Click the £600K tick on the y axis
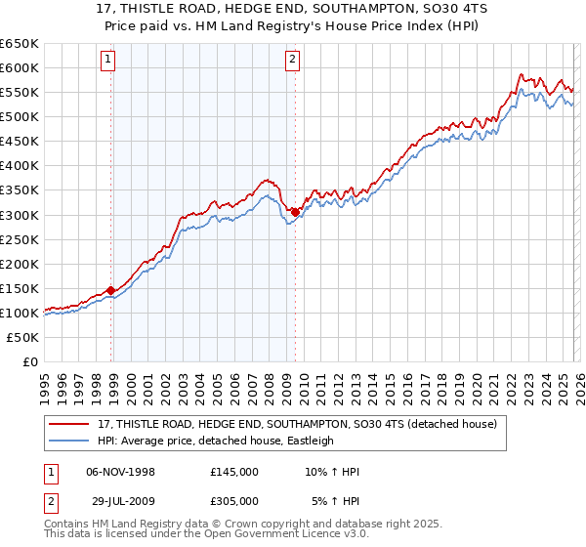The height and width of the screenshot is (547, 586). tap(20, 67)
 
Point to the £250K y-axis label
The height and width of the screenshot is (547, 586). tap(20, 239)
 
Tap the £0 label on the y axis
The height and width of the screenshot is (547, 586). tap(29, 361)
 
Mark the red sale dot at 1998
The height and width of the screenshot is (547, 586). tap(111, 290)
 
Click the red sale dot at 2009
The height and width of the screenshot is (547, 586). tap(296, 212)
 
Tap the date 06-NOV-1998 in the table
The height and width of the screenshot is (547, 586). tap(121, 472)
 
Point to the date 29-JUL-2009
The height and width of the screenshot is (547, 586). tap(121, 501)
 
